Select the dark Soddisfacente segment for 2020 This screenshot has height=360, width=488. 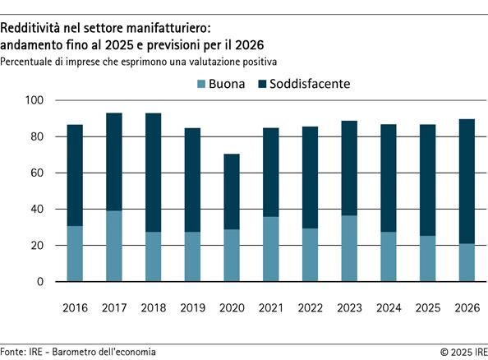coord(232,192)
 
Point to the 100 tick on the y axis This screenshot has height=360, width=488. coord(38,100)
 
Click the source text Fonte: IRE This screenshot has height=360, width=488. coord(24,351)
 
